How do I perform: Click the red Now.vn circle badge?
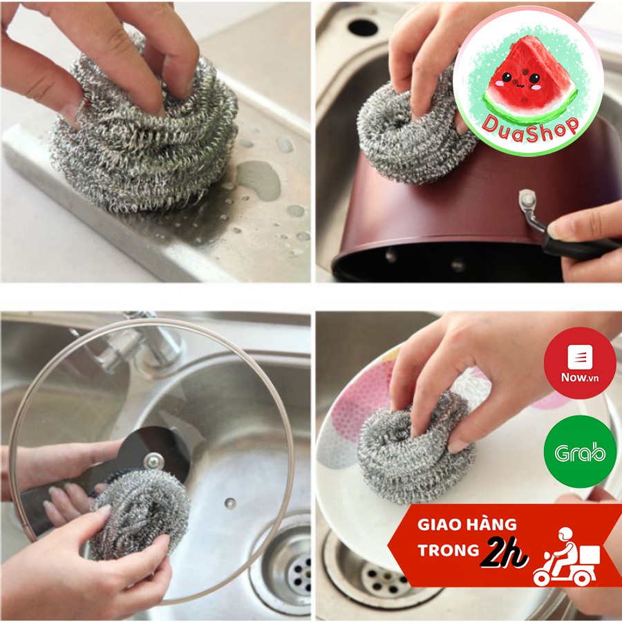pos(579,363)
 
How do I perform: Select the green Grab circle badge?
pos(579,452)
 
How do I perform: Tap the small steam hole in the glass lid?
pos(230,503)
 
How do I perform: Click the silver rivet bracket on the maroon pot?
pos(529,207)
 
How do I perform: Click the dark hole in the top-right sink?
pos(362,27)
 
